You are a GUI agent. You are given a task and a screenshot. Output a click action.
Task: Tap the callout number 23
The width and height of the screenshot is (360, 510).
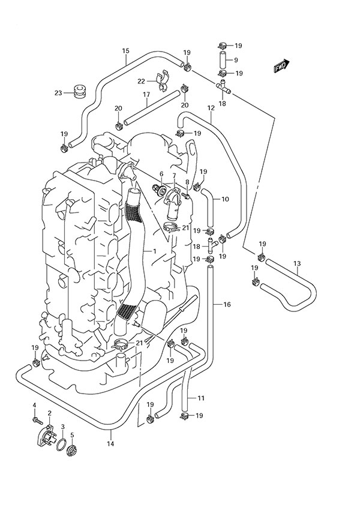coord(58,93)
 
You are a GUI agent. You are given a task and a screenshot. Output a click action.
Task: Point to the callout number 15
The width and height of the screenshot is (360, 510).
coord(126,52)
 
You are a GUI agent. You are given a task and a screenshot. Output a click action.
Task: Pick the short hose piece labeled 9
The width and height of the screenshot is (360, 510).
coord(222,60)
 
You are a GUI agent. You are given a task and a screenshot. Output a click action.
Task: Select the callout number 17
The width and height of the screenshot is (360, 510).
coord(146,95)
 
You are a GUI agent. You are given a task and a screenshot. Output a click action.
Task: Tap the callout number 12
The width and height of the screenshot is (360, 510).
coord(211,108)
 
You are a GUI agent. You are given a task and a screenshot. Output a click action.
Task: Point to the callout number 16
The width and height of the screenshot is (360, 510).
coord(227,305)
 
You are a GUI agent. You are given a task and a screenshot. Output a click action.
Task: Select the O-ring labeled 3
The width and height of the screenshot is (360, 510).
coord(61,445)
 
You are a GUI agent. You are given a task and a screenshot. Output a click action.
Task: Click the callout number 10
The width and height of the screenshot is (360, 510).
coord(226,199)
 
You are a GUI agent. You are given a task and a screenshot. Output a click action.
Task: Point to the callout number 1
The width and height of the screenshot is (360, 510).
coord(154,251)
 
